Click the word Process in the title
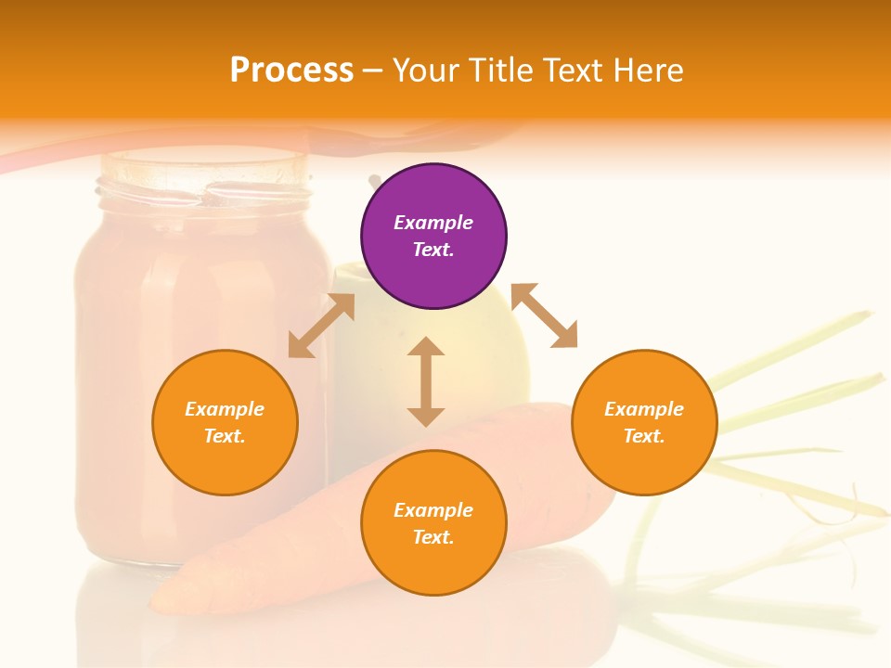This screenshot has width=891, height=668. tap(291, 71)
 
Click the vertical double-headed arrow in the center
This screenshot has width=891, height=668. tap(426, 381)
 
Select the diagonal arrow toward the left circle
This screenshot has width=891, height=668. tap(321, 326)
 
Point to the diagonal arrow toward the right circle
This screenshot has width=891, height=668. tap(544, 315)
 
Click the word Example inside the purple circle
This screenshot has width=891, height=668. tap(433, 223)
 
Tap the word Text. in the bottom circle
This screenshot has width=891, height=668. tap(433, 537)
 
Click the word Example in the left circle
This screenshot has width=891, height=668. tap(225, 409)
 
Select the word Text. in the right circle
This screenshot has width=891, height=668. tap(644, 436)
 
